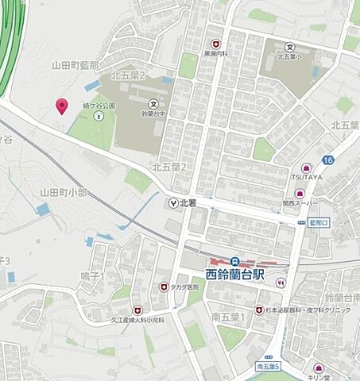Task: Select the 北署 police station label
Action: [x=188, y=202]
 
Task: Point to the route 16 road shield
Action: [x=328, y=161]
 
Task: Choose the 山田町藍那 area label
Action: [x=75, y=64]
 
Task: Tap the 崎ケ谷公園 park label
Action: [x=99, y=106]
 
